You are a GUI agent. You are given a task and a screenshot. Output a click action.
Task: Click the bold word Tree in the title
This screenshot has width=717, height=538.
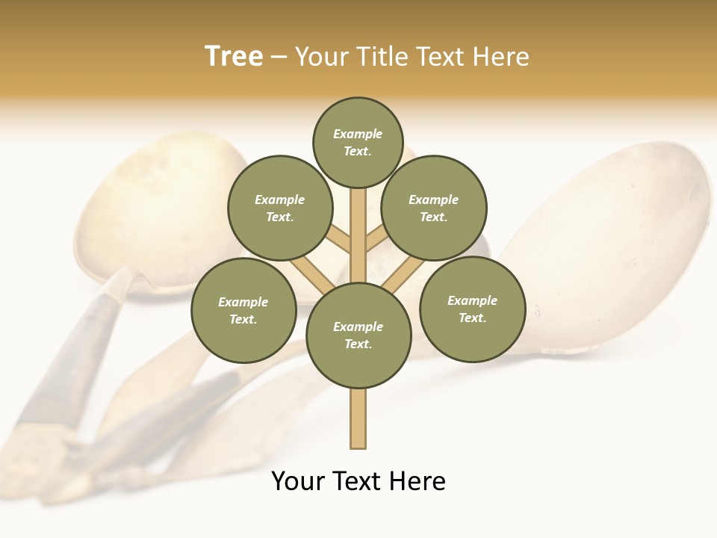234,56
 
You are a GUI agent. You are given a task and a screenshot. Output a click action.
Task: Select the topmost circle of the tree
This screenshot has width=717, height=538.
358,142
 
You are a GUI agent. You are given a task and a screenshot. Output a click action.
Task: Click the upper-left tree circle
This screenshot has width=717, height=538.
280,208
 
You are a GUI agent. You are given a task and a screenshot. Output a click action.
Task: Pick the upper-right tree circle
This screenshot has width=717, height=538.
434,208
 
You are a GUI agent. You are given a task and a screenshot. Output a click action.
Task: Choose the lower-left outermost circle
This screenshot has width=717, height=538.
243,310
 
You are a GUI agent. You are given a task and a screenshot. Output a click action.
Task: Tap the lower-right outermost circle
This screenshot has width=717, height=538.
473,309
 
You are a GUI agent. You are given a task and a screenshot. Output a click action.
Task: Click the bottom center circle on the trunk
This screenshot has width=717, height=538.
358,336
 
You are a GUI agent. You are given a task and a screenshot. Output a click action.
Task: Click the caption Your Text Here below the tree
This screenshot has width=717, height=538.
358,481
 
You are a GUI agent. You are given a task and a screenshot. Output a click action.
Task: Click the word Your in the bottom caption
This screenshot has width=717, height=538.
299,481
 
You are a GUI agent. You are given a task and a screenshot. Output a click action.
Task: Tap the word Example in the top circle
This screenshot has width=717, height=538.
358,134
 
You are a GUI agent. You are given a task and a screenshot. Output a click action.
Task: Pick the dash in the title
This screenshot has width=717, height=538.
279,57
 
